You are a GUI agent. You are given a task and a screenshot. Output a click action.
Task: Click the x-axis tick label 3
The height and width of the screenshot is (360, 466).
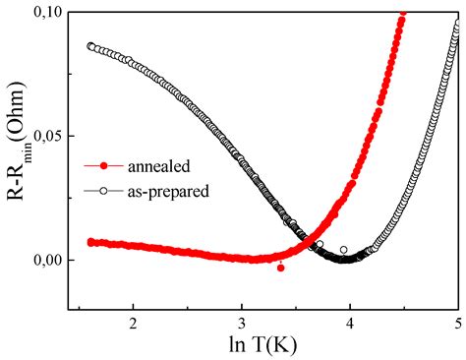coord(242,323)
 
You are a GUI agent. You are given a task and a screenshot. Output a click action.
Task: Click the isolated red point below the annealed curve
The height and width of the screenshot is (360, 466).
coord(280,268)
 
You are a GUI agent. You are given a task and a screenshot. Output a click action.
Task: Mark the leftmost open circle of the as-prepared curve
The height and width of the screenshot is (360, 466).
coord(90,46)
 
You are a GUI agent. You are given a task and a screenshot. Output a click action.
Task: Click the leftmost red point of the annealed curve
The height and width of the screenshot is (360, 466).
coord(90,241)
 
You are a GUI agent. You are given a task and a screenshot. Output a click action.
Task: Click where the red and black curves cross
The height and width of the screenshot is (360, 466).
coord(311,239)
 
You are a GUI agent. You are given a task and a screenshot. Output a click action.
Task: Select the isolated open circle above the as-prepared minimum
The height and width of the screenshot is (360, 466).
coord(343,250)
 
